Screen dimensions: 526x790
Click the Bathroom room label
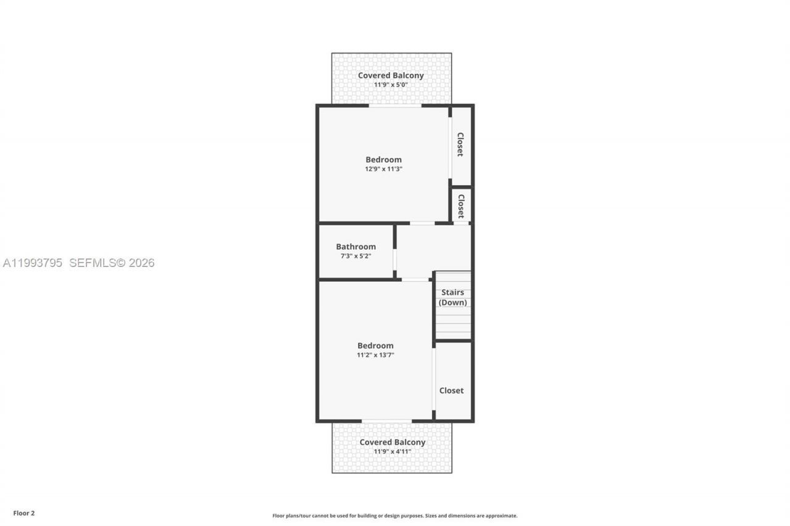click(x=355, y=247)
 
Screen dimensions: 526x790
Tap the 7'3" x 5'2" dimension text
click(x=355, y=256)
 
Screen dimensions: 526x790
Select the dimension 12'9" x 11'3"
click(x=383, y=169)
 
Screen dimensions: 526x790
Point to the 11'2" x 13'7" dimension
click(x=375, y=355)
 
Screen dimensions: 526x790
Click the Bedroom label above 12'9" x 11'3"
click(x=383, y=160)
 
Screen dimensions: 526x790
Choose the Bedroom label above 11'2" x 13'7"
click(x=375, y=346)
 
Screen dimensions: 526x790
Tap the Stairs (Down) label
click(x=452, y=297)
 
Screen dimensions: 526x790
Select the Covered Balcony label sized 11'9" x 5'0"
click(x=391, y=76)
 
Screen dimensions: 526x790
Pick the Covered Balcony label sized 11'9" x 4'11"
click(x=392, y=442)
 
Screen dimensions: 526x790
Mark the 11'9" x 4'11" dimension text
click(x=392, y=451)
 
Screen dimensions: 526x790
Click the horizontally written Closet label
click(x=451, y=390)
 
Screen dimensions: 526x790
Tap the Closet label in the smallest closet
click(x=460, y=206)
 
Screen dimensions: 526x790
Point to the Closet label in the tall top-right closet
click(x=460, y=144)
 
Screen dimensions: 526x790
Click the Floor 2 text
click(x=24, y=512)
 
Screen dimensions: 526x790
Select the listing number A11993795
click(x=33, y=263)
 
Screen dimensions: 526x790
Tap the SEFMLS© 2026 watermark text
click(x=112, y=263)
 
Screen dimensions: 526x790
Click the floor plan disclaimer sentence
click(x=395, y=516)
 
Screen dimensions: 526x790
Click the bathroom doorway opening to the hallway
click(x=395, y=264)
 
